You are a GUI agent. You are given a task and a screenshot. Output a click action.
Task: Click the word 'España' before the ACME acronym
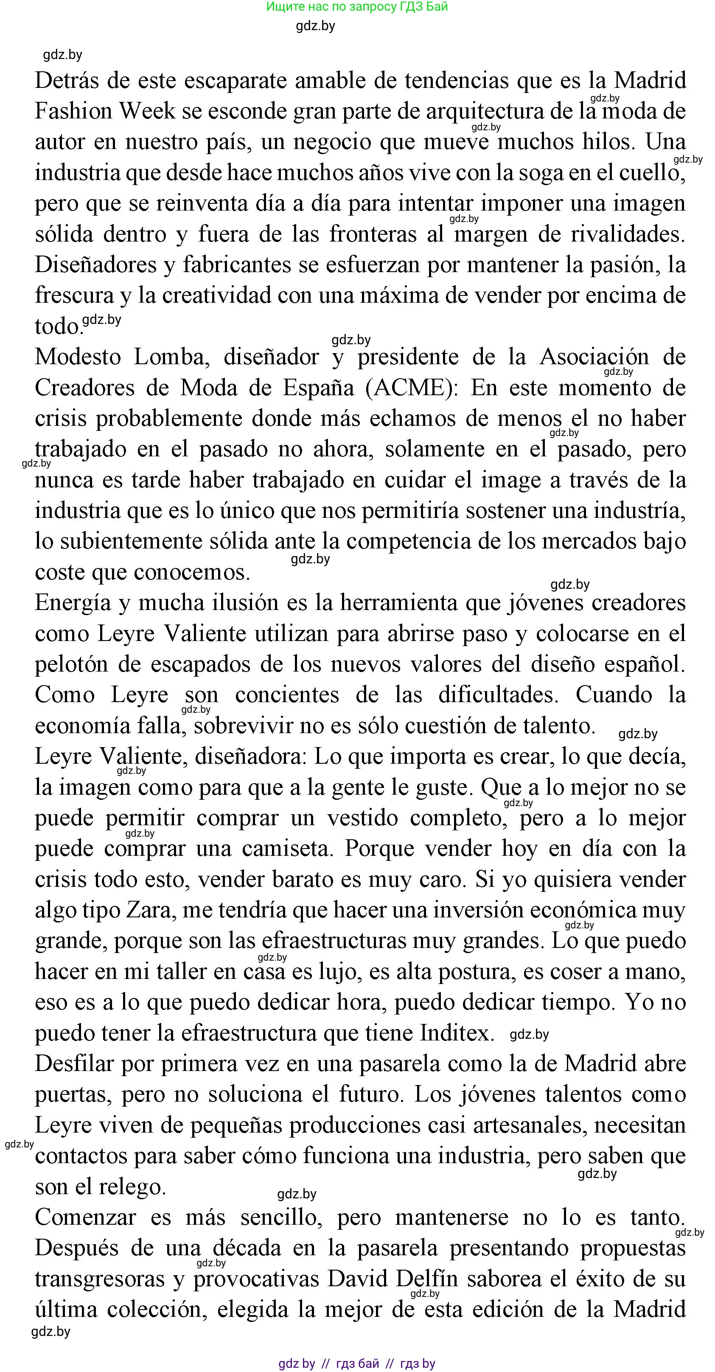[x=318, y=388]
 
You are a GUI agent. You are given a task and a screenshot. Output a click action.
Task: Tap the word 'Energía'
[x=73, y=603]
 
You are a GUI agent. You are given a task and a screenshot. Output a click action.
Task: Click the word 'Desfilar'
[x=74, y=1064]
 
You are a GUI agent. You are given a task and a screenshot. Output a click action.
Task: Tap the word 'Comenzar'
[x=84, y=1217]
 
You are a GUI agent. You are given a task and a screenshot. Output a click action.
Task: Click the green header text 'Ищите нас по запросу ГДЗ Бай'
[x=357, y=7]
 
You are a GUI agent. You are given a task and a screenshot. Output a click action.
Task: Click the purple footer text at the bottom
[x=357, y=1363]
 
